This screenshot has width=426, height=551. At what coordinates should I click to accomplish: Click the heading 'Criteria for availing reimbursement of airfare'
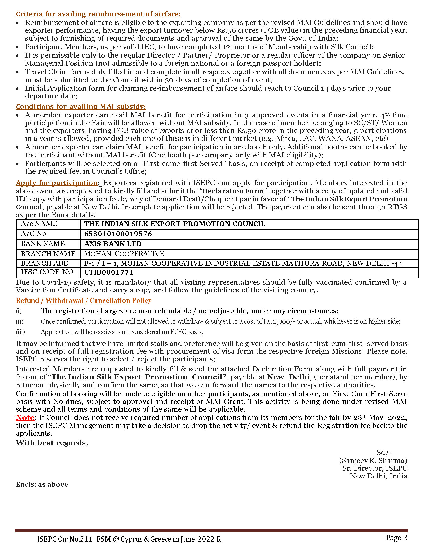tap(98, 14)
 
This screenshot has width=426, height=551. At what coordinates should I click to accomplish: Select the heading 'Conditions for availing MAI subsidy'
tap(81, 107)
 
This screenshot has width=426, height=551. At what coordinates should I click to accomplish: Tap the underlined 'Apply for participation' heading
tap(57, 183)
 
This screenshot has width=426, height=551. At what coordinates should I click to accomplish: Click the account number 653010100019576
tap(118, 234)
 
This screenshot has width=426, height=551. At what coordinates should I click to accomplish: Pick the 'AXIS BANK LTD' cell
tap(113, 244)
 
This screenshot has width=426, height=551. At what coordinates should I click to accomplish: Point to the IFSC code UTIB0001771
tap(109, 272)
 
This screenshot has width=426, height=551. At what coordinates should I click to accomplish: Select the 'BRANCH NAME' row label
tap(48, 254)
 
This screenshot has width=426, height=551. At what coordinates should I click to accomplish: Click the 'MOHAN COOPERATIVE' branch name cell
tap(124, 254)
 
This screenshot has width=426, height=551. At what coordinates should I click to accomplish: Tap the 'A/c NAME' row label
tap(39, 224)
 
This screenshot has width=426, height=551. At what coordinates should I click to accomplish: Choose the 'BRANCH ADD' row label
tap(45, 263)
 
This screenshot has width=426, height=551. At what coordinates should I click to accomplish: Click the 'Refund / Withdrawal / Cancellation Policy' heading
tap(83, 301)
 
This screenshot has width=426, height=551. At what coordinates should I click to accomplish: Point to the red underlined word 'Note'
tap(25, 417)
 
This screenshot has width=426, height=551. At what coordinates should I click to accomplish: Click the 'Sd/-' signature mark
tap(384, 452)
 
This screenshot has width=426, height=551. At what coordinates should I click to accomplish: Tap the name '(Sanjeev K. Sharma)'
tap(373, 460)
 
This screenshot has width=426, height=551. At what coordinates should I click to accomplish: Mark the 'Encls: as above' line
tap(42, 484)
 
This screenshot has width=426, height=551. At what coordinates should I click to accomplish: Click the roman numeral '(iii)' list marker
tap(20, 332)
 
